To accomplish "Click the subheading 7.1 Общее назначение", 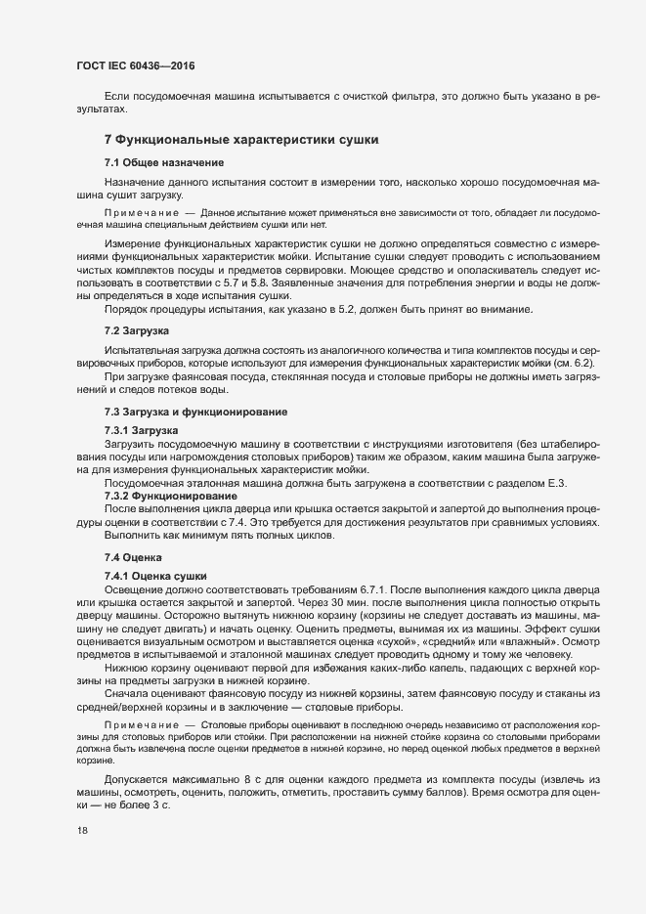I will (164, 161).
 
